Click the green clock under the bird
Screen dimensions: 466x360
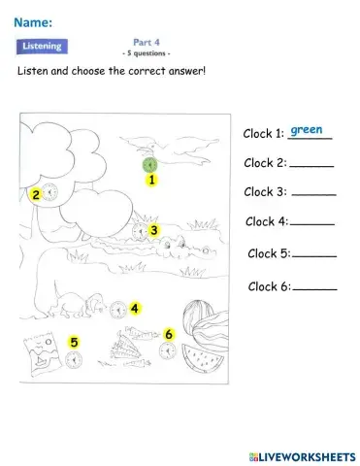(149, 165)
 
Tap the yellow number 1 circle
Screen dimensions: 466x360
(152, 180)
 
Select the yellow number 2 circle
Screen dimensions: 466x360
(36, 195)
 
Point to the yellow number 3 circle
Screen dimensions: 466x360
(153, 230)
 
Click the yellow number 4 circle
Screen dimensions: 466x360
(135, 309)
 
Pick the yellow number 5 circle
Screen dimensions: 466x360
(73, 342)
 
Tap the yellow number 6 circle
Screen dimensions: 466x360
(169, 334)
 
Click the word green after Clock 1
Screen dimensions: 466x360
(307, 129)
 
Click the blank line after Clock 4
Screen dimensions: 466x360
(311, 226)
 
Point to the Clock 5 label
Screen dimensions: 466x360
(269, 254)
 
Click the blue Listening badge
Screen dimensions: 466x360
(42, 46)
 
